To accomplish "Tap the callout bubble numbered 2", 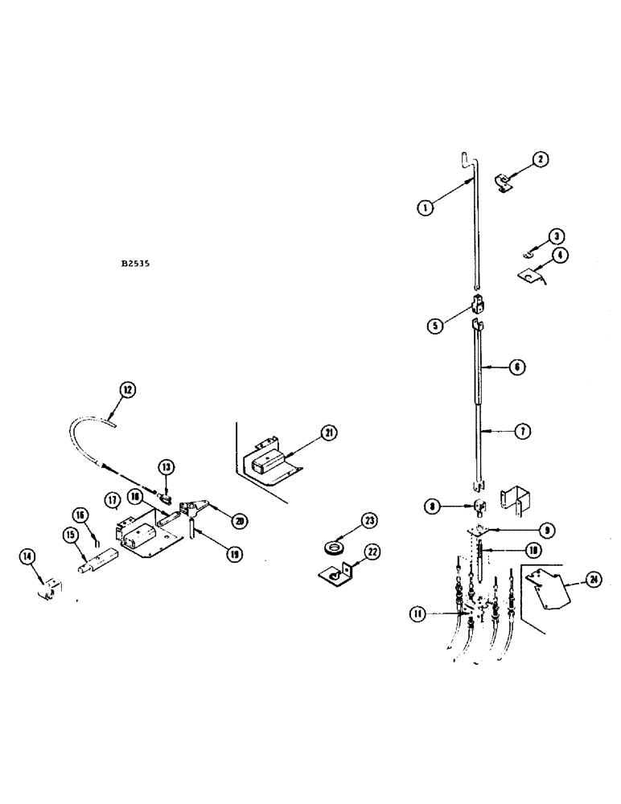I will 541,160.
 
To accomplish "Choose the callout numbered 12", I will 127,390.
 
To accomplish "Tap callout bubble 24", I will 594,579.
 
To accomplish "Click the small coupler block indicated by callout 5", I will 479,307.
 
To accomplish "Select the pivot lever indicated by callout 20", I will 192,511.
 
